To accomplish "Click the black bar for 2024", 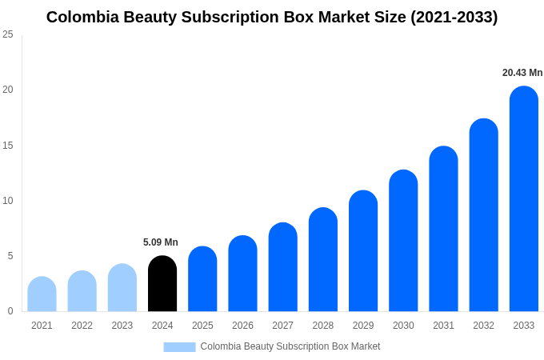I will pyautogui.click(x=162, y=284).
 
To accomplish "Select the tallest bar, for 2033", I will pyautogui.click(x=523, y=199).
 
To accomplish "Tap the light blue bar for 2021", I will pyautogui.click(x=42, y=294).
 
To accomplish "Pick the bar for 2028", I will pyautogui.click(x=323, y=260).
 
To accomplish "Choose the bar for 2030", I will pyautogui.click(x=403, y=241).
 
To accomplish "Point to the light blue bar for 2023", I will pyautogui.click(x=122, y=288).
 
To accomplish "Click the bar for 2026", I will pyautogui.click(x=242, y=274).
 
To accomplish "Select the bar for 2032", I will pyautogui.click(x=483, y=215).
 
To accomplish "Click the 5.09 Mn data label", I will pyautogui.click(x=161, y=242).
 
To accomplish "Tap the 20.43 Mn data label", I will pyautogui.click(x=522, y=73).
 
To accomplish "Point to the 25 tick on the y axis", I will pyautogui.click(x=8, y=34).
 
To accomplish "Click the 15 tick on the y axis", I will pyautogui.click(x=8, y=145).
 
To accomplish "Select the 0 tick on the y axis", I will pyautogui.click(x=10, y=311).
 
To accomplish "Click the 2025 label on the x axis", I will pyautogui.click(x=202, y=326).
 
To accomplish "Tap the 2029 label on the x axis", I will pyautogui.click(x=363, y=326).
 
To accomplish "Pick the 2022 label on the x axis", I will pyautogui.click(x=82, y=326).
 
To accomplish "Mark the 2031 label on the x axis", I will pyautogui.click(x=443, y=326).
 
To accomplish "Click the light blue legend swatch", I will pyautogui.click(x=179, y=346).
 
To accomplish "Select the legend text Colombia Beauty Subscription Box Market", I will pyautogui.click(x=290, y=346).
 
